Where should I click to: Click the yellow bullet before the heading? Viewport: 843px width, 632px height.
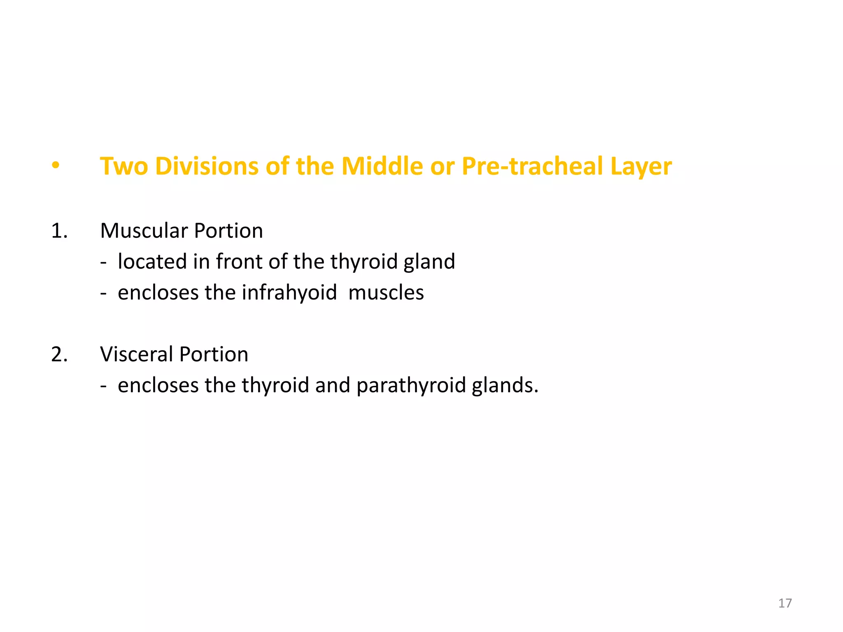coord(56,166)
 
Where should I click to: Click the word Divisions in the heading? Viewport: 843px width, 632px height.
coord(207,166)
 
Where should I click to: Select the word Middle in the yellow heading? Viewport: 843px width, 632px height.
coord(382,166)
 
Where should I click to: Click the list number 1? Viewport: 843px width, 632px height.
coord(59,231)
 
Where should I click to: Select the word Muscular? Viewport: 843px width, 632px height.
coord(144,231)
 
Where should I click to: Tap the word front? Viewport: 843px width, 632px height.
coord(239,262)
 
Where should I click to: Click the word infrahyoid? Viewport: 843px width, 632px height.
coord(289,293)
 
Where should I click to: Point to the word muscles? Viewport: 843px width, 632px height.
coord(386,293)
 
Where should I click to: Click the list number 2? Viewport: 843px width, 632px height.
coord(59,355)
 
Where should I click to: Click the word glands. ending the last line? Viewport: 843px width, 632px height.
coord(505,386)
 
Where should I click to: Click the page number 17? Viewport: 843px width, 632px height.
coord(785,603)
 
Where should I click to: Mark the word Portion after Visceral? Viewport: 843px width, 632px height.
coord(214,355)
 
